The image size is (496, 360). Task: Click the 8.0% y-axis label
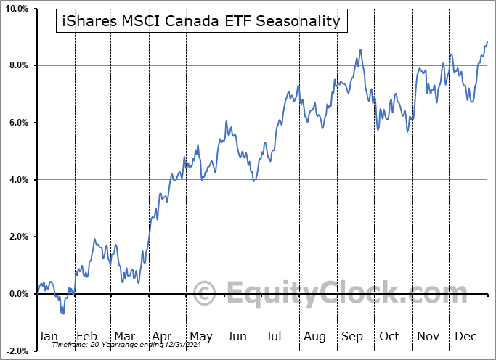pyautogui.click(x=16, y=66)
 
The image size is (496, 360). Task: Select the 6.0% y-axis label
pyautogui.click(x=16, y=123)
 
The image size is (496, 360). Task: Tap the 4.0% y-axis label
pyautogui.click(x=16, y=180)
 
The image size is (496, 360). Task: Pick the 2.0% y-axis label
pyautogui.click(x=16, y=237)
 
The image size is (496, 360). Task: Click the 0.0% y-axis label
pyautogui.click(x=16, y=294)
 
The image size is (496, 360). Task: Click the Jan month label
pyautogui.click(x=47, y=337)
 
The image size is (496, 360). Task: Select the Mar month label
pyautogui.click(x=125, y=337)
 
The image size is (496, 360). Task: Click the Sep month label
pyautogui.click(x=352, y=337)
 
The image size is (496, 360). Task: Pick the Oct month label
pyautogui.click(x=390, y=337)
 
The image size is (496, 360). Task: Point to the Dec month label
pyautogui.click(x=466, y=337)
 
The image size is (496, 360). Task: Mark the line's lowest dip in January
pyautogui.click(x=63, y=314)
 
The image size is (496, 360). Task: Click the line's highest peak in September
pyautogui.click(x=359, y=49)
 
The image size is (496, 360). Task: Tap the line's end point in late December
pyautogui.click(x=487, y=41)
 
